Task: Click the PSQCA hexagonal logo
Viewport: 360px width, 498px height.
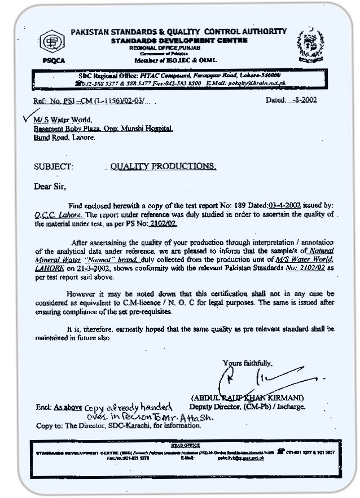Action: point(51,42)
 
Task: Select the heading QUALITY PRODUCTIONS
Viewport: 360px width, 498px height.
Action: point(163,166)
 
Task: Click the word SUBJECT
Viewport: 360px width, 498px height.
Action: point(53,167)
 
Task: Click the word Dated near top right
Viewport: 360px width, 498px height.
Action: point(276,100)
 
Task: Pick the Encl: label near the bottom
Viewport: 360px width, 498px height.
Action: point(43,407)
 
